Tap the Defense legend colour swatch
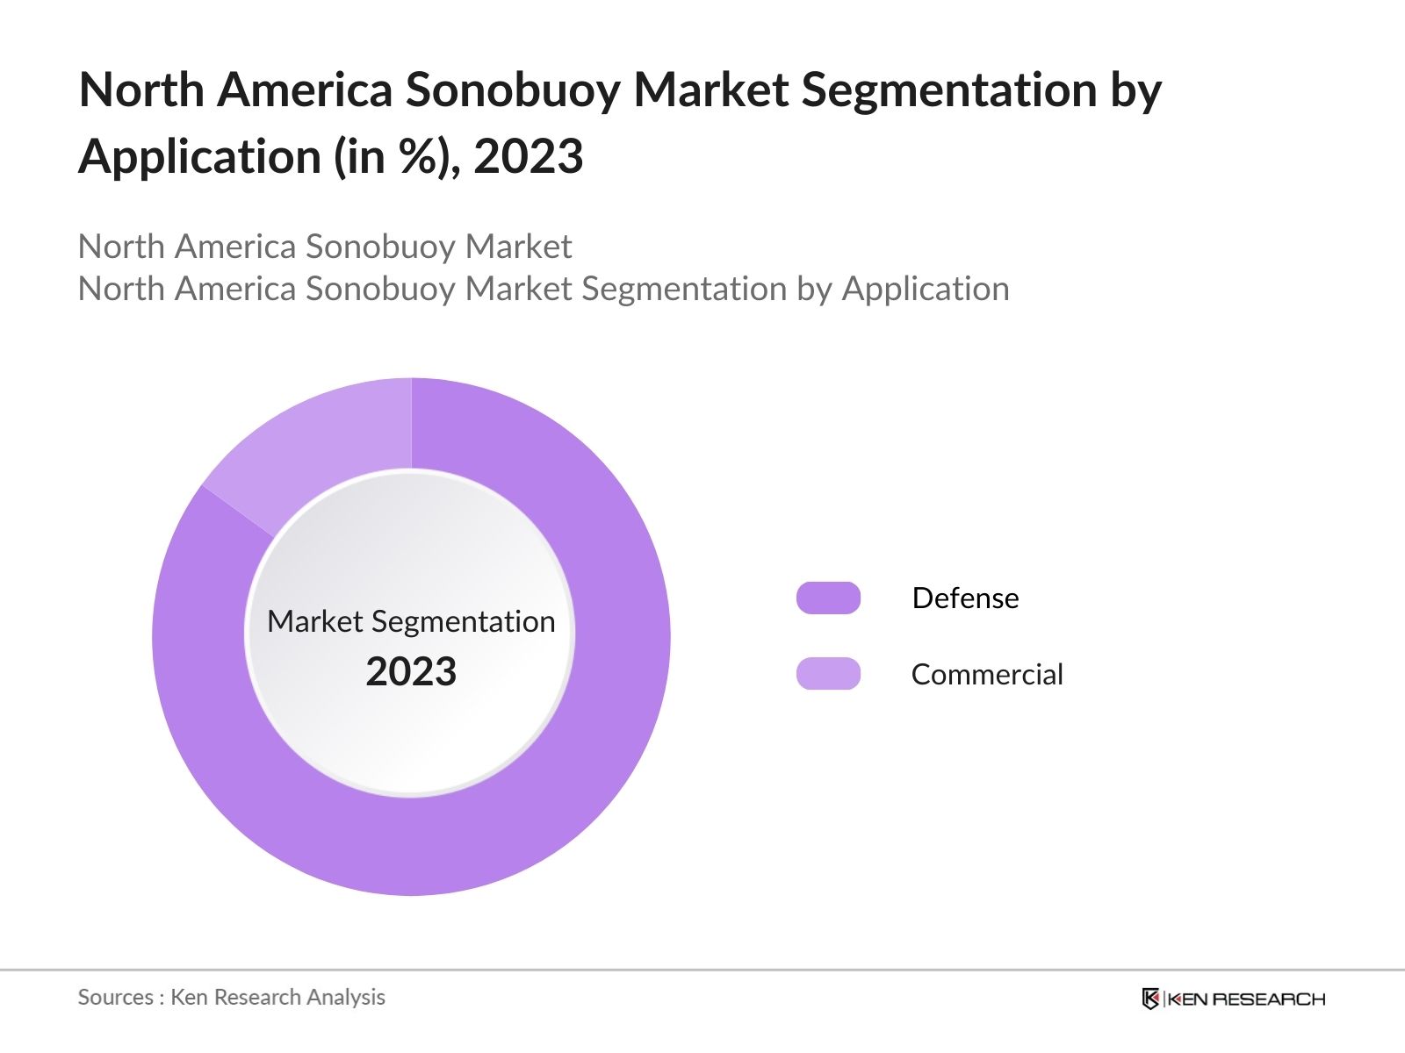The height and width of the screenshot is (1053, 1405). pyautogui.click(x=828, y=598)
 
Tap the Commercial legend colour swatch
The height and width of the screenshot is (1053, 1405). pyautogui.click(x=828, y=674)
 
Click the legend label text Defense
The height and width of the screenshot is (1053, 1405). pyautogui.click(x=965, y=598)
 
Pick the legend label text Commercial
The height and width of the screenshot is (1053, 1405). pyautogui.click(x=987, y=674)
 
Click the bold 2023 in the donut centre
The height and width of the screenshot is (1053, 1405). pyautogui.click(x=411, y=672)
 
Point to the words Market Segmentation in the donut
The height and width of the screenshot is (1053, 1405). pyautogui.click(x=411, y=621)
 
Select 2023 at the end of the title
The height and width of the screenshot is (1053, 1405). pyautogui.click(x=528, y=157)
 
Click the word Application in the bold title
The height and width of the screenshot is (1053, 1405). pyautogui.click(x=200, y=157)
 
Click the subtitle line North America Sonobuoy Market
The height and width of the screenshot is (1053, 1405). pyautogui.click(x=325, y=247)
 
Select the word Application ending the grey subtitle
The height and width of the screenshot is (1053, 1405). pyautogui.click(x=926, y=289)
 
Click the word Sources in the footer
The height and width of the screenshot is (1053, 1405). pyautogui.click(x=115, y=997)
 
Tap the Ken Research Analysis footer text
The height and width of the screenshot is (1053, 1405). pyautogui.click(x=277, y=997)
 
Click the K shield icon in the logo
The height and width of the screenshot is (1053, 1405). pyautogui.click(x=1150, y=999)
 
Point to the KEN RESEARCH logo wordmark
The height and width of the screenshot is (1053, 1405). pyautogui.click(x=1246, y=999)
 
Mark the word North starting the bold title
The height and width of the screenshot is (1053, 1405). pyautogui.click(x=141, y=90)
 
